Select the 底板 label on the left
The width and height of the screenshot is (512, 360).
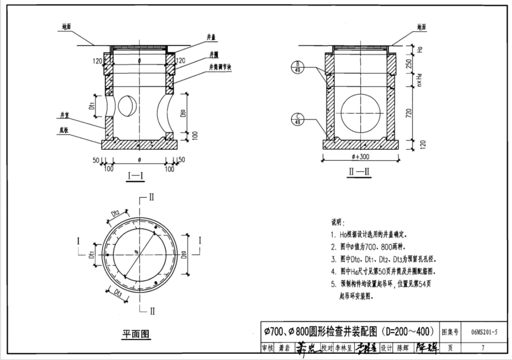point(64,130)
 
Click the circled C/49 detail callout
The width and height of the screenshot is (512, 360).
point(297,119)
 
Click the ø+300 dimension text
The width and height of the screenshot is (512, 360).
point(360,157)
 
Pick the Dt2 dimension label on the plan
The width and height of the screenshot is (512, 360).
point(115,213)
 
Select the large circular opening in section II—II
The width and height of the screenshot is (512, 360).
point(360,113)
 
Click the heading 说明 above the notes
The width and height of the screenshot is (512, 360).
point(337,223)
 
